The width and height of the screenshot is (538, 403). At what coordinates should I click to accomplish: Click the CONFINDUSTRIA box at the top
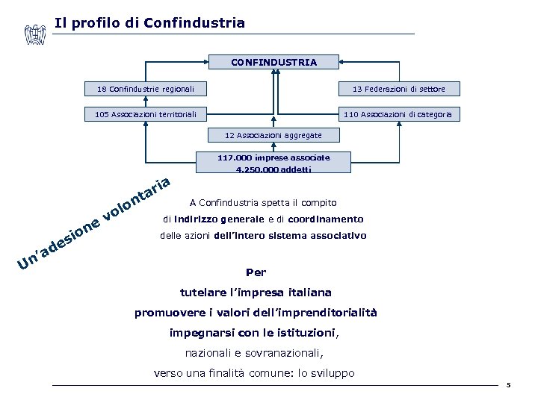click(x=273, y=63)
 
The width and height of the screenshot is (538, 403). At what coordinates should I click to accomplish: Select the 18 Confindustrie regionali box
click(x=146, y=90)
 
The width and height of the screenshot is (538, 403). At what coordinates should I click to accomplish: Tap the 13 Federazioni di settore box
click(x=399, y=90)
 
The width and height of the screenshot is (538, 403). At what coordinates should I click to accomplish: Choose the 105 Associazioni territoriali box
click(x=146, y=114)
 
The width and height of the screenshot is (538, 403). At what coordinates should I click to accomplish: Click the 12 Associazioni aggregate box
click(x=273, y=135)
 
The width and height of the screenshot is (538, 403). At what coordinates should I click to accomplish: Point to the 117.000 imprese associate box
click(x=273, y=158)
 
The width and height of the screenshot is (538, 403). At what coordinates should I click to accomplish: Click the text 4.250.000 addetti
click(x=273, y=170)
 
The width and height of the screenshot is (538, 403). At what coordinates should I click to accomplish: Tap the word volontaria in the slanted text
click(x=137, y=199)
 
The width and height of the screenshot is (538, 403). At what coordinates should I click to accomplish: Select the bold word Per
click(x=256, y=272)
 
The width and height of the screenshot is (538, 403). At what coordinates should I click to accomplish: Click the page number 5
click(x=507, y=385)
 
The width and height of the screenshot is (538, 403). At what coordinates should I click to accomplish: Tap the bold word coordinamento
click(x=326, y=219)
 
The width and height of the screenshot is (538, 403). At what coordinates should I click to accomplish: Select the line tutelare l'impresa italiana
click(x=256, y=293)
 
